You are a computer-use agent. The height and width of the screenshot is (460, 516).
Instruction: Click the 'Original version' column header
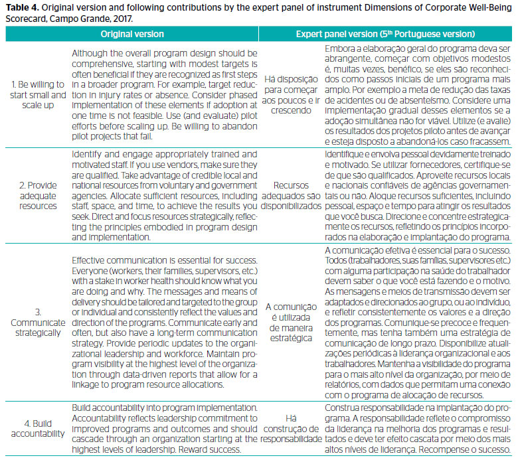129,33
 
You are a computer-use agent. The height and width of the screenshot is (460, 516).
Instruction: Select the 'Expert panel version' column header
385,33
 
